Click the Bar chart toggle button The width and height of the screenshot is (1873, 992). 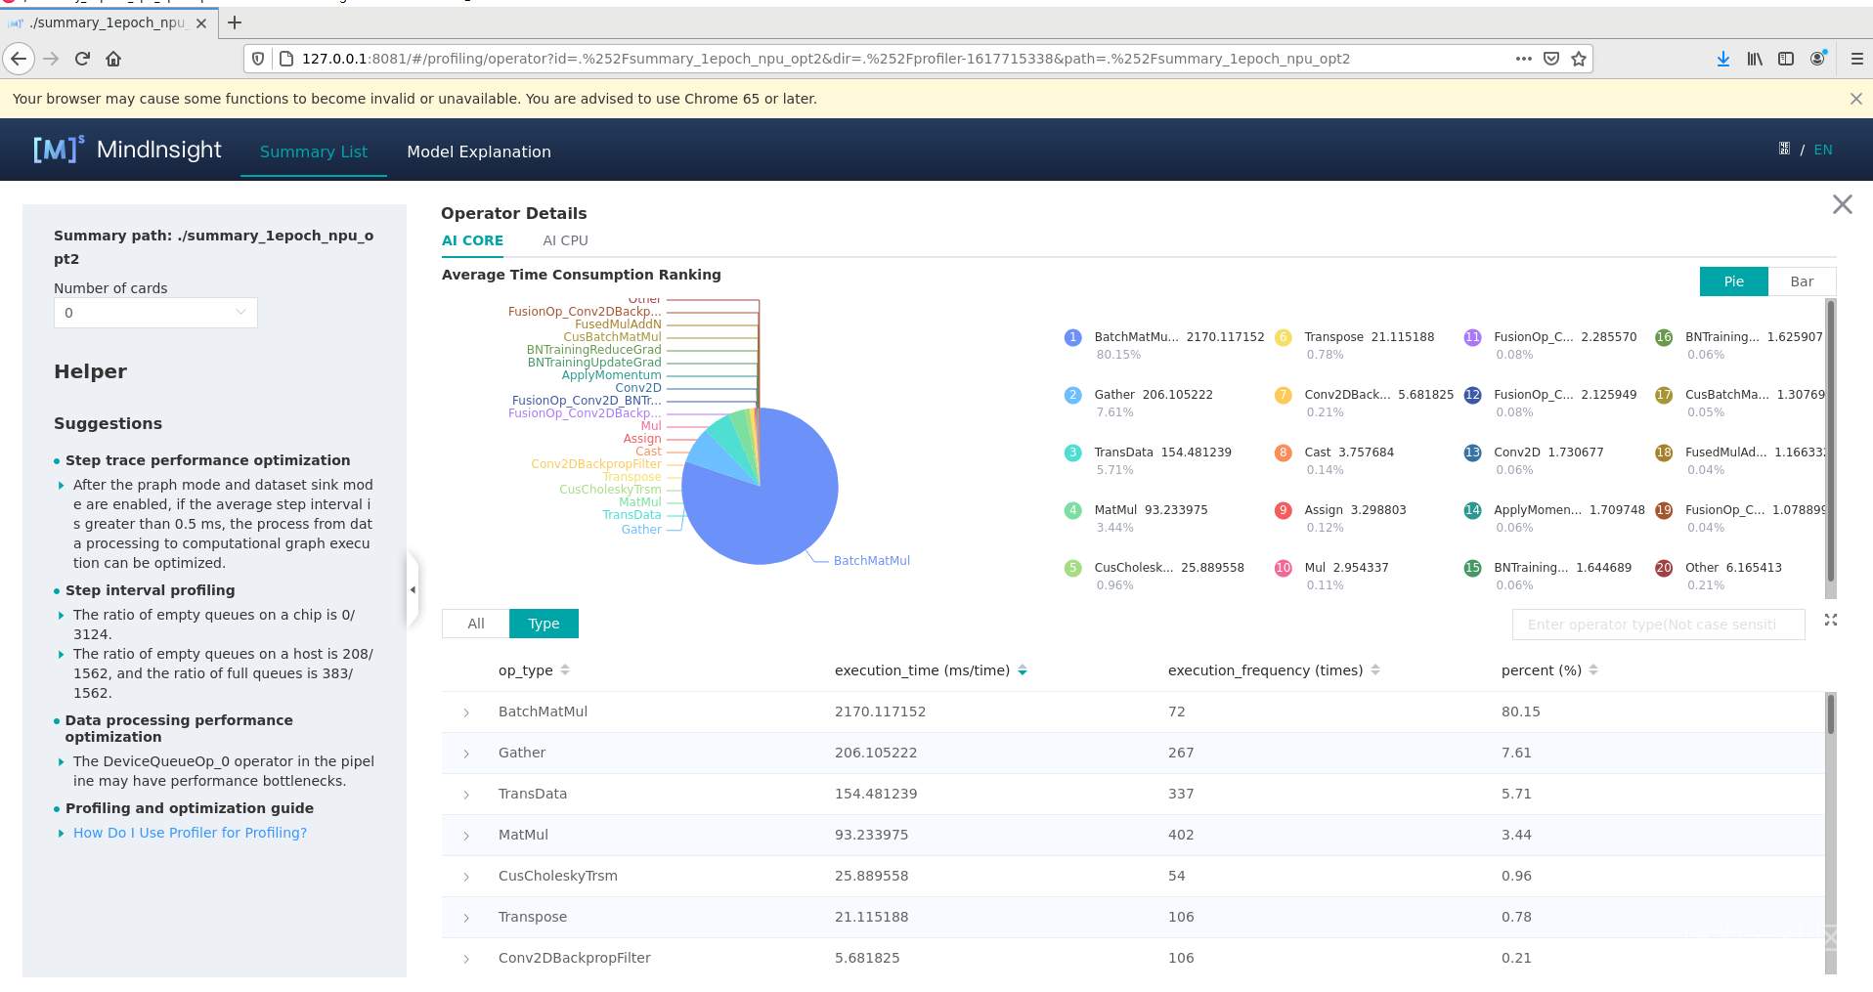[1802, 281]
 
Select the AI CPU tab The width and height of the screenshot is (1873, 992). [565, 240]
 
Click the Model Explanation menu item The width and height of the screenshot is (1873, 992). [479, 151]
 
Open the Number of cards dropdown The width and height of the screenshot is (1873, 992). [155, 313]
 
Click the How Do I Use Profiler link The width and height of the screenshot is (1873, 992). [190, 833]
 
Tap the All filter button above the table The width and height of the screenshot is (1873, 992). [476, 624]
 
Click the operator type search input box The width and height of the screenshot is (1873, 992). [1657, 625]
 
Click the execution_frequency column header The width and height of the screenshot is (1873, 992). [1265, 670]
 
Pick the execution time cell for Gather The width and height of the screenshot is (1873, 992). [876, 753]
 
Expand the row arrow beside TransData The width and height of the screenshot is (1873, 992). [466, 795]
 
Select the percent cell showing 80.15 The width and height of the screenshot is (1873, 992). [1520, 712]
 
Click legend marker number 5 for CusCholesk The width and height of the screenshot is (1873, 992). [1072, 568]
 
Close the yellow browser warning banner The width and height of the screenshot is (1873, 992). [1855, 99]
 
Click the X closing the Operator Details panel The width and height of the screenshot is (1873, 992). [1842, 204]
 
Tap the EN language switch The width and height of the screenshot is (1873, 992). [1822, 150]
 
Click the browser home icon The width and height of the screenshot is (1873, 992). [113, 59]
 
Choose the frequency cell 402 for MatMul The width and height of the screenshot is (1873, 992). [1180, 835]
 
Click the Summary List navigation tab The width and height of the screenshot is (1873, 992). [313, 151]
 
